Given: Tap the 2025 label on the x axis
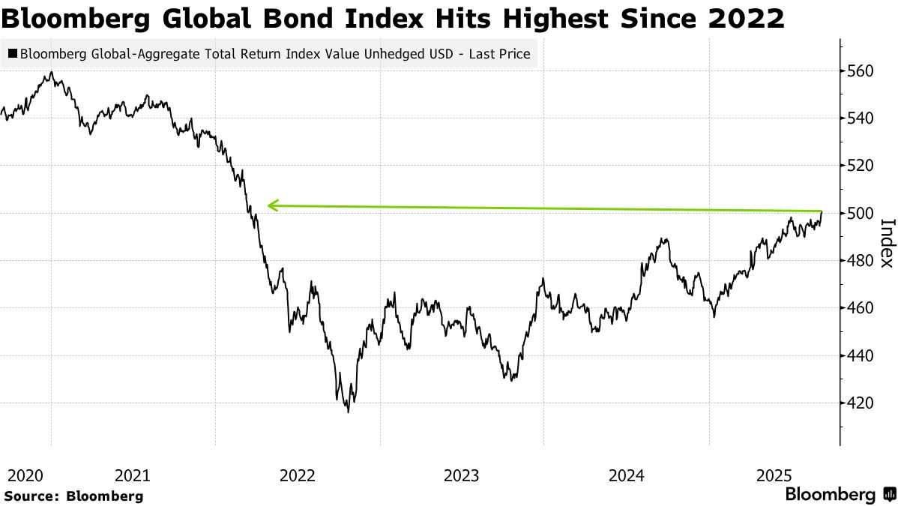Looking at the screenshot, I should [775, 475].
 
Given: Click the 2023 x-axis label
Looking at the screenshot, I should [461, 475].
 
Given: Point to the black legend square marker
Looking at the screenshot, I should [12, 54].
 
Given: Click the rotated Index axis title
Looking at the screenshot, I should [887, 242].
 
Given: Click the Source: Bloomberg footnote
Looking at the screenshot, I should [73, 496].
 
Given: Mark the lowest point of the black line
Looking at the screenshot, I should [348, 412].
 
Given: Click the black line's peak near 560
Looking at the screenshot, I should [51, 72].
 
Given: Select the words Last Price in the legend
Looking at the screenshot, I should [502, 54].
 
